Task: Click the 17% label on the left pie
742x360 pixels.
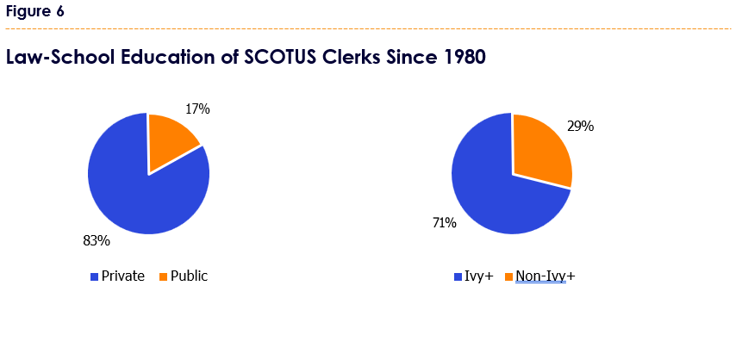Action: click(x=197, y=109)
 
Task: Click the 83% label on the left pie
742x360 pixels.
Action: click(x=97, y=241)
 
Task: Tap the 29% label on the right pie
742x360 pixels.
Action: click(x=581, y=127)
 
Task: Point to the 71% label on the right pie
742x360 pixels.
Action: click(x=445, y=222)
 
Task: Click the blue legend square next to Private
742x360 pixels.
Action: click(x=94, y=277)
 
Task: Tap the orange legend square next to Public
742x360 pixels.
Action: click(x=163, y=277)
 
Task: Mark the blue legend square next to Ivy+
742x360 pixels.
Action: click(x=458, y=277)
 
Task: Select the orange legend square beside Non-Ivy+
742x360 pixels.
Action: click(x=508, y=277)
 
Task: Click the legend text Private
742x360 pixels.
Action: click(x=123, y=276)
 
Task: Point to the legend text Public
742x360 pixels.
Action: click(x=190, y=276)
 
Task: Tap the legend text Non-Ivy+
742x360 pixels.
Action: click(x=546, y=276)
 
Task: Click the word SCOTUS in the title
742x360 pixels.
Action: click(x=280, y=57)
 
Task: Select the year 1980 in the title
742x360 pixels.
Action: click(x=465, y=57)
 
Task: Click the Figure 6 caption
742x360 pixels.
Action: click(x=35, y=11)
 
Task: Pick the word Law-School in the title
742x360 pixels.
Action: click(x=60, y=57)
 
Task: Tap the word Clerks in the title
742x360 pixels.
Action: click(x=352, y=57)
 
